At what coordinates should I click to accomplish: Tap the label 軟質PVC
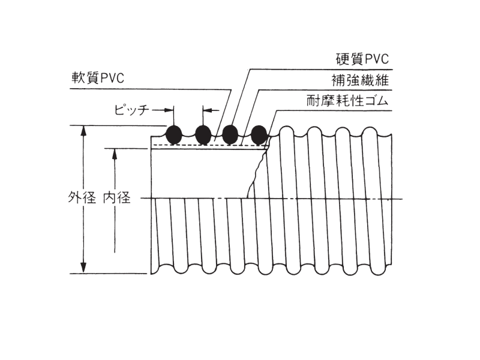coord(98,79)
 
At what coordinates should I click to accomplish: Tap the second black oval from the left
coord(203,134)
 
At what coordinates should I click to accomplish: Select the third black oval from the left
coord(230,134)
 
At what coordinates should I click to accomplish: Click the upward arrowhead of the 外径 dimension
coord(83,130)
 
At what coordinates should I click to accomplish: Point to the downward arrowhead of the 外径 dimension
coord(83,269)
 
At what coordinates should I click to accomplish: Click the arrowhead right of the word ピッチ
coord(169,110)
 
